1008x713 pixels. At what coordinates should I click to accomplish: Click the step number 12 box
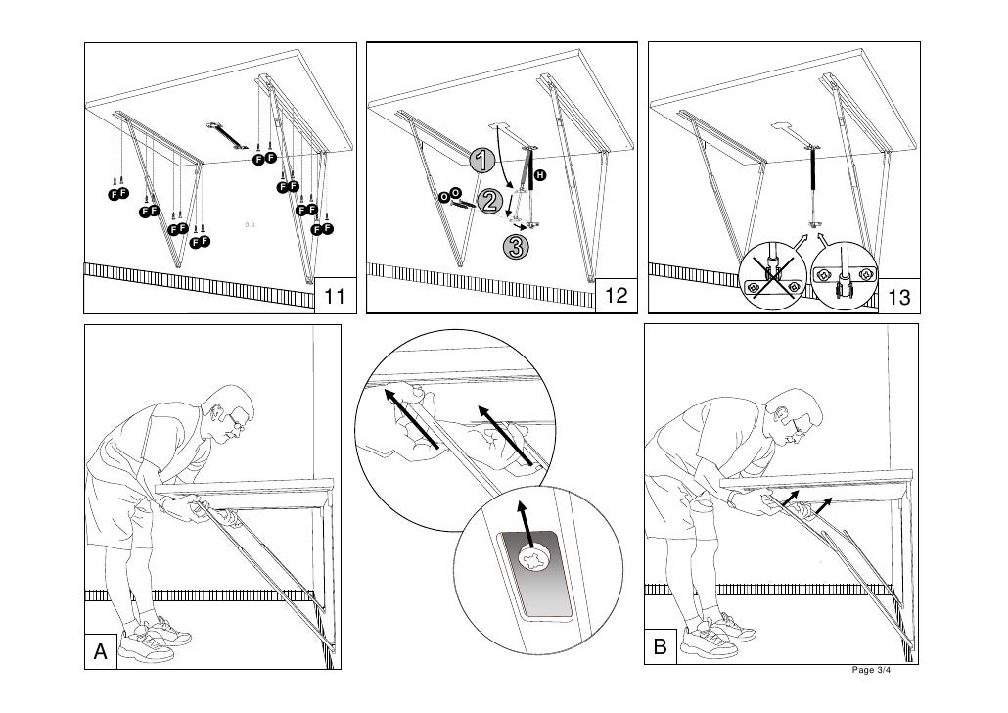coord(617,297)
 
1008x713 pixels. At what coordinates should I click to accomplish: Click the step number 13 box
coord(900,297)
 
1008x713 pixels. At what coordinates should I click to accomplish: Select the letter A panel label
coord(100,651)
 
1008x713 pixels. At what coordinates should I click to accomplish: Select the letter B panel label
coord(661,647)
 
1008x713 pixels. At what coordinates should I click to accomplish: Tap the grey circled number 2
coord(492,203)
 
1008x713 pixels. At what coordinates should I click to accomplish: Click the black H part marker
coord(539,174)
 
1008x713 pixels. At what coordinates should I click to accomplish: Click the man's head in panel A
coord(229,412)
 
